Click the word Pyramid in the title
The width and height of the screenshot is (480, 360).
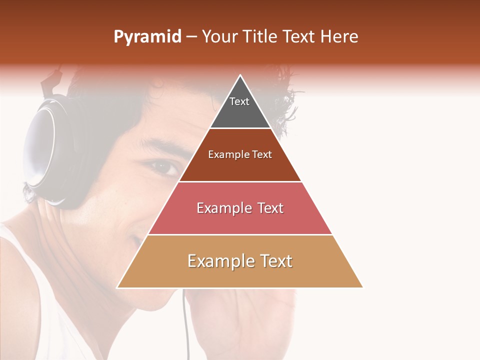point(147,37)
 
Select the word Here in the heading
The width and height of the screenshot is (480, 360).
point(339,37)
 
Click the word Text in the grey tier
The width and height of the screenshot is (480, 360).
point(239,101)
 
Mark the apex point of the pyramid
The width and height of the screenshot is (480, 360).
point(240,76)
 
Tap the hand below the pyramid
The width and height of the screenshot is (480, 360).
point(260,320)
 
